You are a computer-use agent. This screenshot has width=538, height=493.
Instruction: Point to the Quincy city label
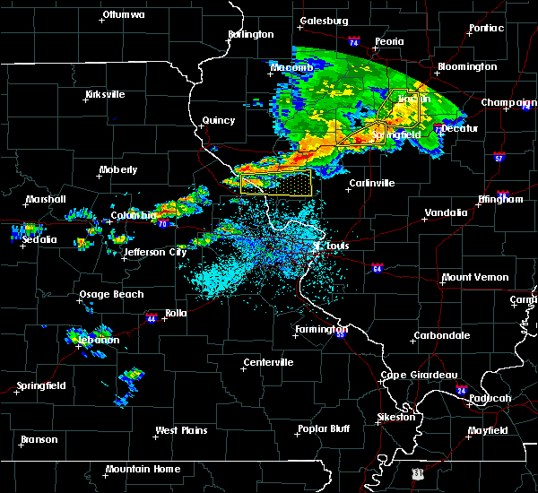click(x=219, y=120)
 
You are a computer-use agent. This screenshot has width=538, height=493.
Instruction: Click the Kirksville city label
click(x=105, y=94)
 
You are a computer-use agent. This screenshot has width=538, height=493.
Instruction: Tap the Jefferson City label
click(x=155, y=252)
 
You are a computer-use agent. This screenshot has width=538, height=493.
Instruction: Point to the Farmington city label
click(x=319, y=328)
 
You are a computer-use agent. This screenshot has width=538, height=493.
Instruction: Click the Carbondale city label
click(x=440, y=335)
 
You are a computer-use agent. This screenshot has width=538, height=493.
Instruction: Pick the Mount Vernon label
click(x=474, y=277)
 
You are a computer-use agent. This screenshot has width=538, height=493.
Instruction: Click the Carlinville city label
click(x=371, y=183)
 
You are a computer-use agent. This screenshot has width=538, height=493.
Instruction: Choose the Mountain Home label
click(x=143, y=469)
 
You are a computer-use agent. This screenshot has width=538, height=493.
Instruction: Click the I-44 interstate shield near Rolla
click(x=151, y=316)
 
